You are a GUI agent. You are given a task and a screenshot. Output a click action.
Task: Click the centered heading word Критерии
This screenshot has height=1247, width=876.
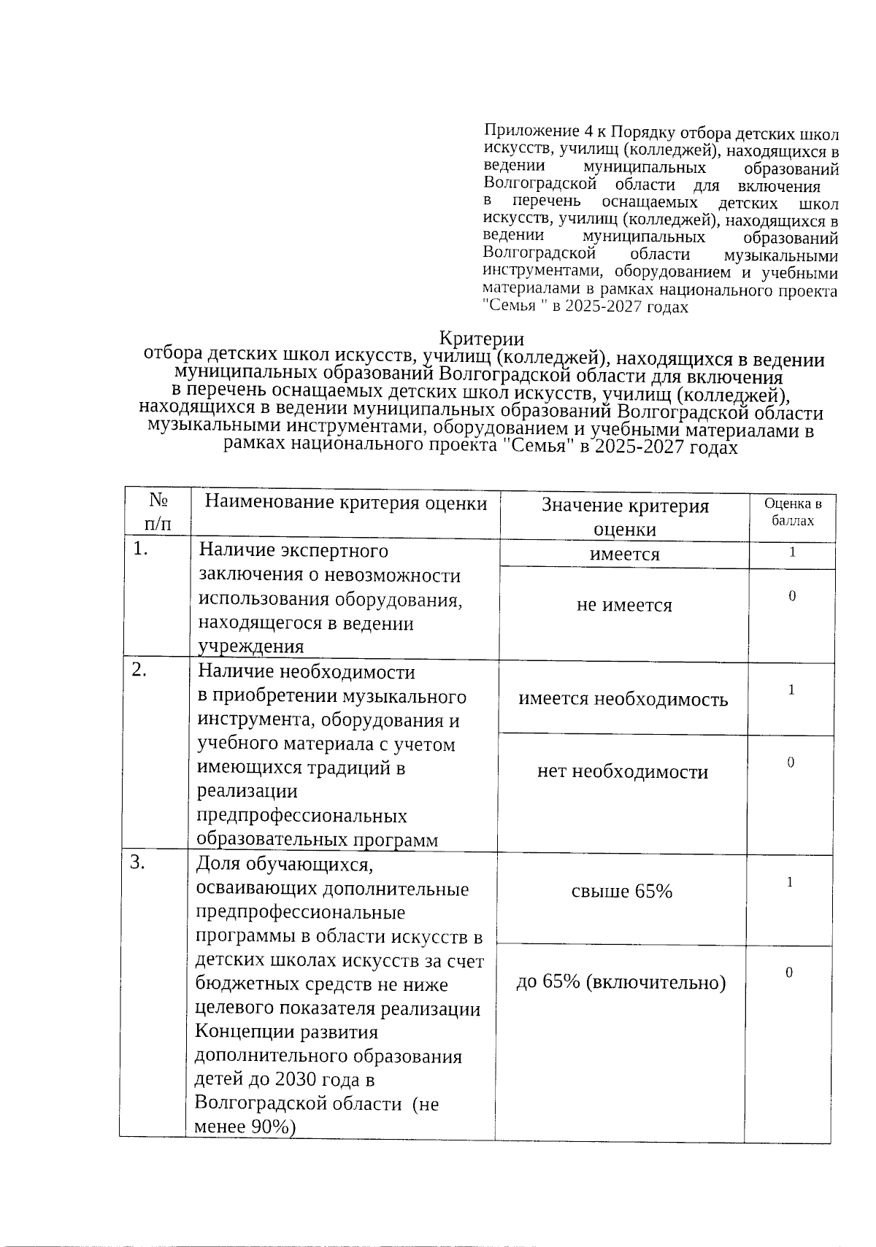click(481, 339)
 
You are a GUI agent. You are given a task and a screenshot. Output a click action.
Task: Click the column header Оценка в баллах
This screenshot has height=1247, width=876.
click(792, 512)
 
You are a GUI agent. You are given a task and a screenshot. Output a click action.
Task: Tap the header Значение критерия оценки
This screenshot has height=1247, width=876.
click(624, 517)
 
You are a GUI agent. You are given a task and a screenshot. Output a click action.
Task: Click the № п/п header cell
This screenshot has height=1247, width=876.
click(158, 511)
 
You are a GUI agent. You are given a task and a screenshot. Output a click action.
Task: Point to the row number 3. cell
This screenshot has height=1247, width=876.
click(138, 863)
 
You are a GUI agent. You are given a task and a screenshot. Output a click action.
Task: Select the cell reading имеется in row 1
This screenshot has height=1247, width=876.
click(624, 555)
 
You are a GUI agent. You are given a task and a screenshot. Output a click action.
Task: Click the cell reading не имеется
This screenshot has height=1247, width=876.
click(624, 605)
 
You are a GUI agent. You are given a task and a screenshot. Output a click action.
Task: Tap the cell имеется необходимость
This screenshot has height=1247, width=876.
click(623, 699)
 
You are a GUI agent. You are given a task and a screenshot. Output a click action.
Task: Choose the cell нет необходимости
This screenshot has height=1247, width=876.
click(623, 772)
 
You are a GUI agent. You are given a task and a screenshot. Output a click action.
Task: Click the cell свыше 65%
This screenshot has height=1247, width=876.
click(622, 891)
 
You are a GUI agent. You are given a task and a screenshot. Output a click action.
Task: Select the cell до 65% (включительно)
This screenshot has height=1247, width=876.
click(621, 983)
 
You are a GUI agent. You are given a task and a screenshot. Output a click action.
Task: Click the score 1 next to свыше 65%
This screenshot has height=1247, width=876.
click(789, 882)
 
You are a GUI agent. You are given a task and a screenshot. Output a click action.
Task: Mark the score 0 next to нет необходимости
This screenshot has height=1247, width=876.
click(790, 763)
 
